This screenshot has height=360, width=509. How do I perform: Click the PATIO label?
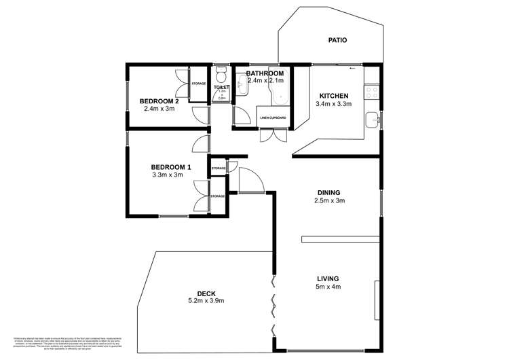point(337,40)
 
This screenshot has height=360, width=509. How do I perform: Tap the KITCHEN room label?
point(333,96)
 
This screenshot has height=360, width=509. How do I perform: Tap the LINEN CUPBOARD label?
point(272,118)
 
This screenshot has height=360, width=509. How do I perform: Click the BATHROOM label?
point(265,73)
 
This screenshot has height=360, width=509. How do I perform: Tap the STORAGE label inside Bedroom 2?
point(198,84)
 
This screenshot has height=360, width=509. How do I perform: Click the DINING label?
point(328,192)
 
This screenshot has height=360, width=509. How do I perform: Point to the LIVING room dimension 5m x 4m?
point(328,287)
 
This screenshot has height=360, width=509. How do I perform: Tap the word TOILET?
point(221,88)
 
